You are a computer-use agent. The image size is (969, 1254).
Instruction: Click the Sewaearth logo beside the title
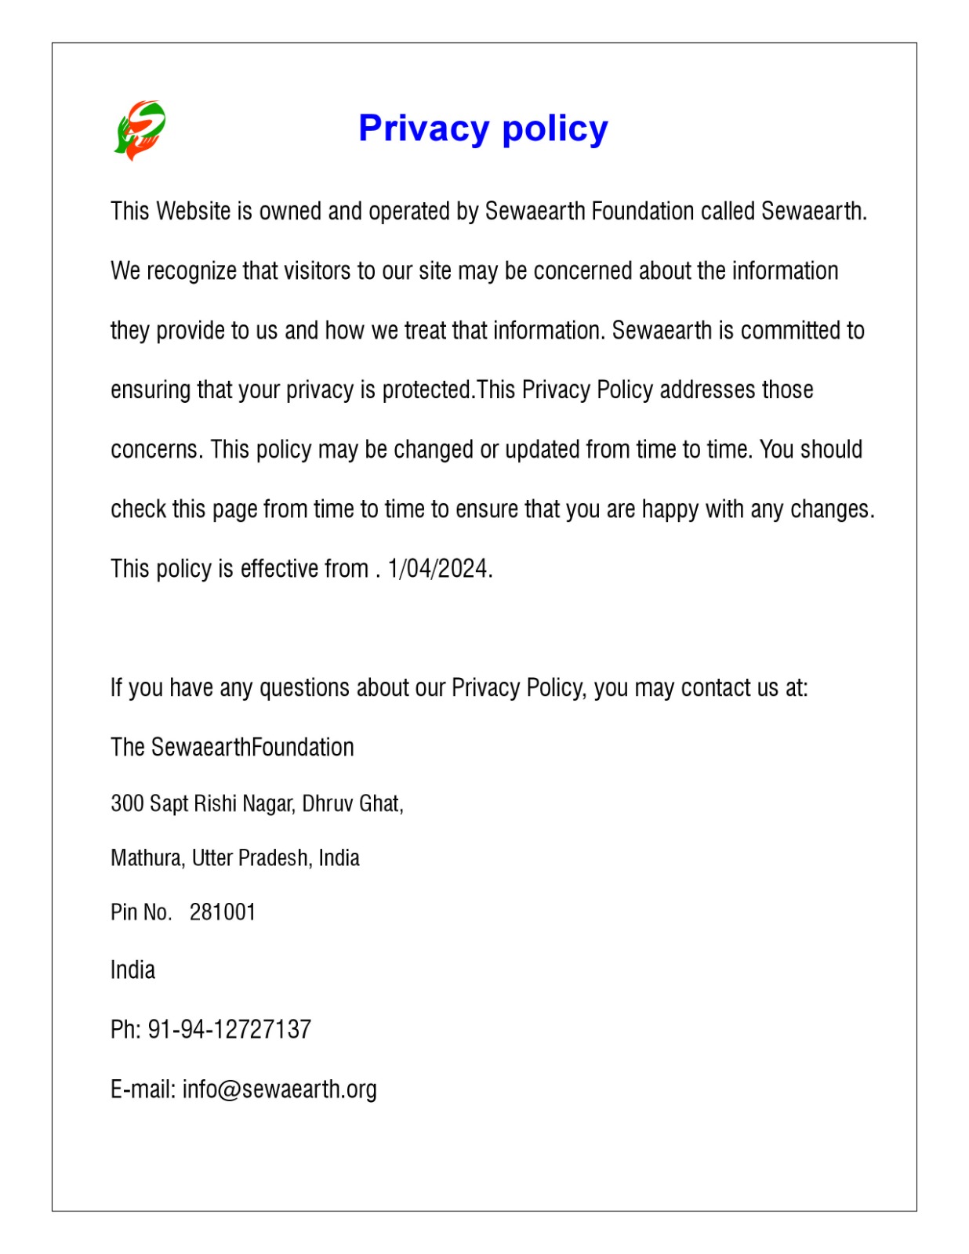pyautogui.click(x=140, y=129)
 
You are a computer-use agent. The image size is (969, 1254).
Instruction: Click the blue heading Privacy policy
pyautogui.click(x=483, y=129)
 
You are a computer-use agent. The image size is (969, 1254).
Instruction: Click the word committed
pyautogui.click(x=790, y=331)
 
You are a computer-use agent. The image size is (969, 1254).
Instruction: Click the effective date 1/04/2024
pyautogui.click(x=438, y=568)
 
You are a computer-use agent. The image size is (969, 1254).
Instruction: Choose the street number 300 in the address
pyautogui.click(x=127, y=803)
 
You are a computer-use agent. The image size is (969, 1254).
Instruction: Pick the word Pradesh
pyautogui.click(x=275, y=858)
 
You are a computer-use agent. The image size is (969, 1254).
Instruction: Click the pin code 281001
pyautogui.click(x=223, y=912)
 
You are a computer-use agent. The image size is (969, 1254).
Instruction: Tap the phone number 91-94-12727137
pyautogui.click(x=230, y=1029)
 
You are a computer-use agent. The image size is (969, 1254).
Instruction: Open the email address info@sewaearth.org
pyautogui.click(x=280, y=1089)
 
